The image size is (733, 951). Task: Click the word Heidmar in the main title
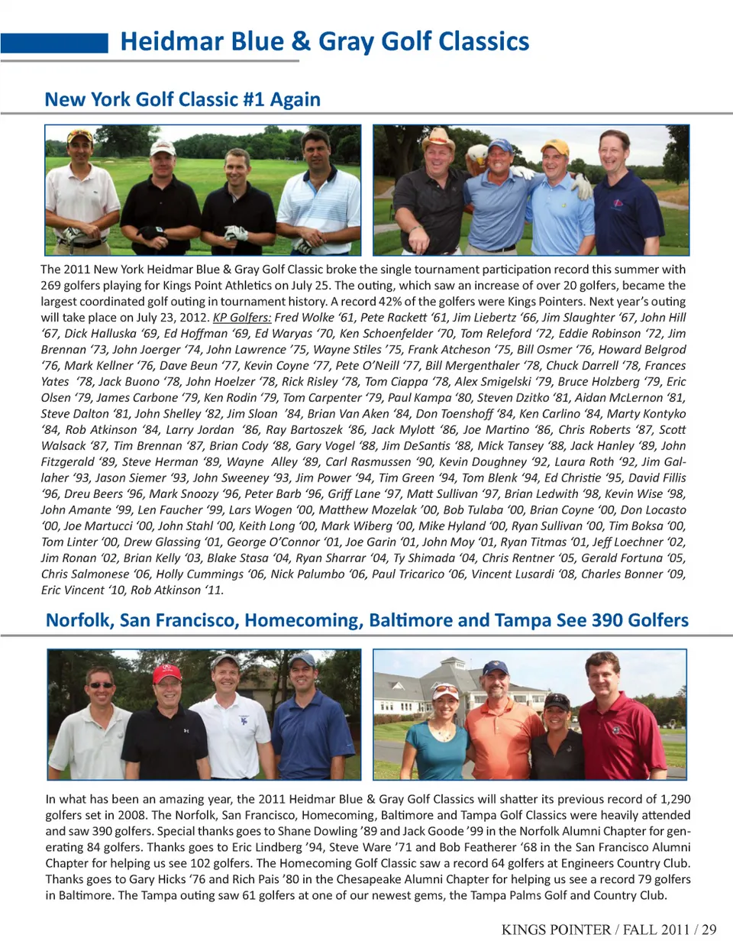[x=168, y=41]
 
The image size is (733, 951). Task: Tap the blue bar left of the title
[x=54, y=43]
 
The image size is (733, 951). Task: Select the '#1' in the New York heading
[x=253, y=99]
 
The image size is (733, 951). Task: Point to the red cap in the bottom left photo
[x=168, y=673]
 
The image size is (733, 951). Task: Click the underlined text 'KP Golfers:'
[x=242, y=318]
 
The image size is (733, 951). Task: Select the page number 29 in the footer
[x=709, y=930]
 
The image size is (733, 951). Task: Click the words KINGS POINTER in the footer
[x=556, y=930]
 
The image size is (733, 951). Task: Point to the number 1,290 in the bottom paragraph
[x=675, y=799]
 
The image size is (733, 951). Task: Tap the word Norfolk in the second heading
[x=79, y=620]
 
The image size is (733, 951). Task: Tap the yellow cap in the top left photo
[x=80, y=137]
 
